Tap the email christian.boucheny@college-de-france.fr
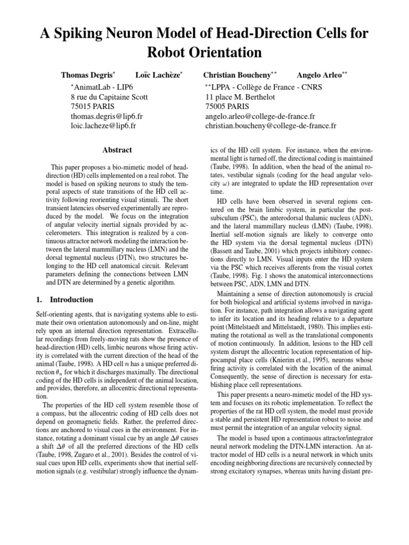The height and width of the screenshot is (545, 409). pos(271,126)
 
